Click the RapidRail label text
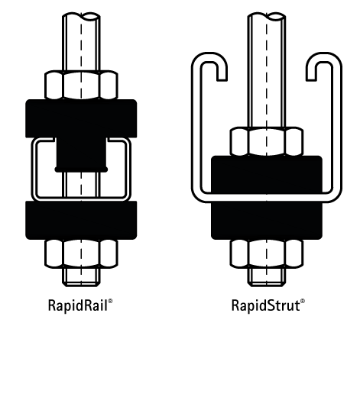[x=78, y=305]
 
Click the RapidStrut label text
[x=265, y=305]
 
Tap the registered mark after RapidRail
[x=110, y=302]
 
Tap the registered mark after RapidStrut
[x=303, y=302]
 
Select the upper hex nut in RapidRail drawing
[x=81, y=85]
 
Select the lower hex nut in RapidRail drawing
[x=81, y=253]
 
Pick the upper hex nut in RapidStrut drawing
[x=267, y=141]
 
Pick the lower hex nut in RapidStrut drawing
[x=267, y=253]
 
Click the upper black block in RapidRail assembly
[x=81, y=118]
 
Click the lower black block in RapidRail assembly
[x=81, y=220]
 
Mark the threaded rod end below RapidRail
[x=81, y=277]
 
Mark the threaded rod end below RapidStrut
[x=267, y=277]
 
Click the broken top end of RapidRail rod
[x=81, y=16]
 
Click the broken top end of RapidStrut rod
[x=267, y=16]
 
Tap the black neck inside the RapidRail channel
[x=81, y=155]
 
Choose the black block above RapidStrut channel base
[x=267, y=175]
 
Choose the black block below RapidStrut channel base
[x=267, y=221]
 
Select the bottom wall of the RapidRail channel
[x=81, y=199]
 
